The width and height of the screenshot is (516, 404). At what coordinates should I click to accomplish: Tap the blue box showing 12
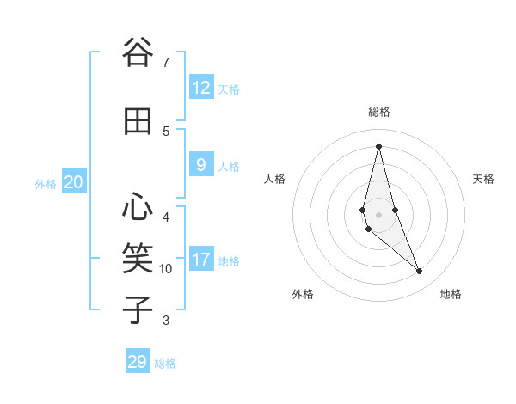click(x=201, y=88)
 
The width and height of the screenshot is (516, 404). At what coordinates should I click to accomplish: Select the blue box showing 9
click(x=201, y=165)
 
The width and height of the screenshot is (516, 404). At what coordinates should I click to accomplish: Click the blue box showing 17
click(x=201, y=260)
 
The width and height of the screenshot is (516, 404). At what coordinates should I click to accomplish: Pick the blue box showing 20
click(x=74, y=182)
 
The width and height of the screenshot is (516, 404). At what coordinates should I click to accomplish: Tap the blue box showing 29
click(x=138, y=362)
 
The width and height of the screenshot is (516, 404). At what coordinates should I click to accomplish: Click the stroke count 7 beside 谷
click(x=165, y=62)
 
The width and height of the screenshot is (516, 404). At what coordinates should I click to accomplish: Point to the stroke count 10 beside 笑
click(x=166, y=269)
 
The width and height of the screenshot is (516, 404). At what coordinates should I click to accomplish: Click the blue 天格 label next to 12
click(x=229, y=89)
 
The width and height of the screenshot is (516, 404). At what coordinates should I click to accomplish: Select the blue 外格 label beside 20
click(x=46, y=183)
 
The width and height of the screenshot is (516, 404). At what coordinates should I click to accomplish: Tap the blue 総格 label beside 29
click(x=165, y=364)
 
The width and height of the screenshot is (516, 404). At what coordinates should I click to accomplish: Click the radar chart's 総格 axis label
click(x=378, y=112)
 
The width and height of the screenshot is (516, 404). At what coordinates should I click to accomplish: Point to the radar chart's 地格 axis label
click(x=451, y=294)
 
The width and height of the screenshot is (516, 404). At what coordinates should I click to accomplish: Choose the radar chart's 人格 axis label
click(x=274, y=179)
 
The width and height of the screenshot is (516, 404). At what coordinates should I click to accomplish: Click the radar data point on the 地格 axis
click(x=420, y=272)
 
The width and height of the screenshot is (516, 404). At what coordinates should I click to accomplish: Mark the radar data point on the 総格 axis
click(x=378, y=145)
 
